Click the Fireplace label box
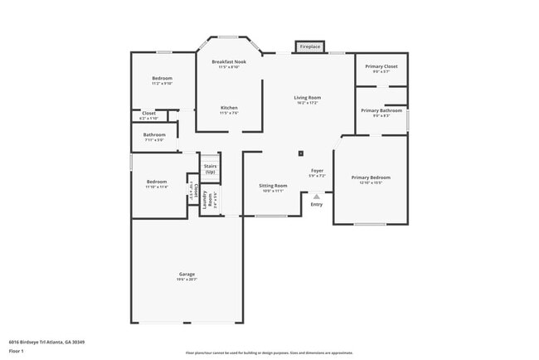click(309, 47)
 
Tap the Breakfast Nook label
click(229, 62)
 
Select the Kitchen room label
click(229, 108)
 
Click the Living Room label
click(307, 98)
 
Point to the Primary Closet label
click(381, 66)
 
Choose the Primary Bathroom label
click(381, 110)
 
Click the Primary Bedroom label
click(370, 178)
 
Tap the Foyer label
click(317, 170)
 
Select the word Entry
click(317, 204)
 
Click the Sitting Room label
click(273, 185)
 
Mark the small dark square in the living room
click(301, 153)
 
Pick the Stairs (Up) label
click(210, 168)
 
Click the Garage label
click(187, 275)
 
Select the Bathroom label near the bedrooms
click(154, 134)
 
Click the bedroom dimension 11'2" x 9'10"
click(162, 84)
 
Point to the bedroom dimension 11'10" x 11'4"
click(158, 187)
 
